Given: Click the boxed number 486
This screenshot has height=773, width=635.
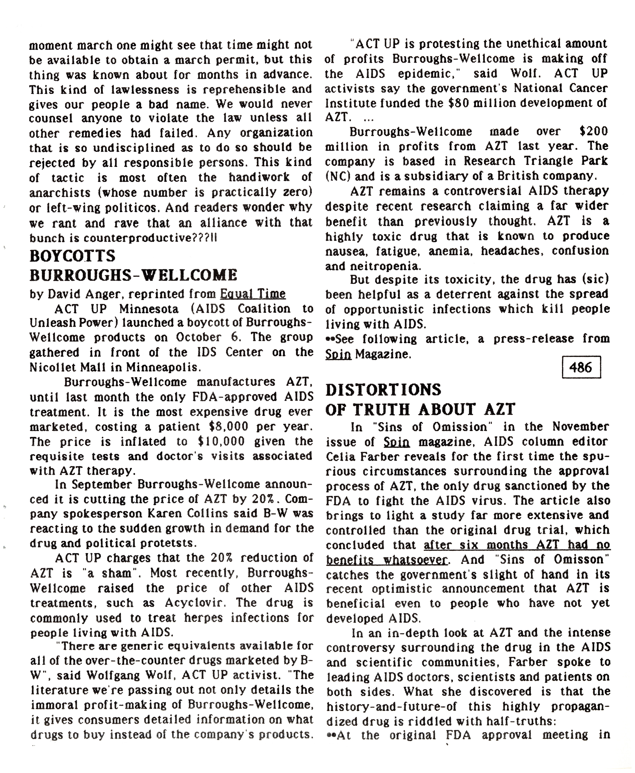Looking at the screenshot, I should (581, 367).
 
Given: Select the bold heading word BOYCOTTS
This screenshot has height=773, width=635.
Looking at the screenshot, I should (72, 256).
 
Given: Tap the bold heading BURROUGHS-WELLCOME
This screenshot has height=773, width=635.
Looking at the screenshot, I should (133, 275).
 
